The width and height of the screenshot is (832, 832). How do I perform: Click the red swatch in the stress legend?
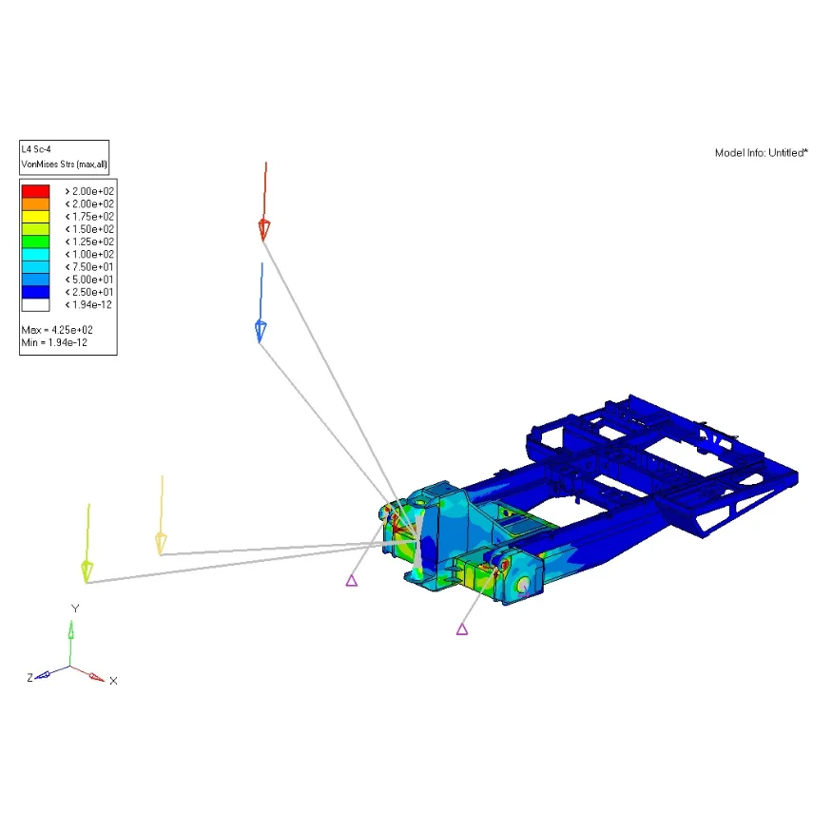[35, 191]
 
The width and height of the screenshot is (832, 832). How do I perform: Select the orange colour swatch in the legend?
[35, 203]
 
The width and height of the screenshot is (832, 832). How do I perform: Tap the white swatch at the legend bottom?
[35, 304]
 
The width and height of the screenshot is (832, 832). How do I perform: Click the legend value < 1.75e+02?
[89, 217]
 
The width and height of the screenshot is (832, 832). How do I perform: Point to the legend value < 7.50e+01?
[89, 267]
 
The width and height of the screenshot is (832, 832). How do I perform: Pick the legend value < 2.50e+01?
[89, 292]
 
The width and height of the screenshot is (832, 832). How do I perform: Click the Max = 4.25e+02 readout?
[57, 330]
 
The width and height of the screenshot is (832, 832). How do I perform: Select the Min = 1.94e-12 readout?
[54, 342]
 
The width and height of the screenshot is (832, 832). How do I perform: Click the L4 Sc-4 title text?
[36, 149]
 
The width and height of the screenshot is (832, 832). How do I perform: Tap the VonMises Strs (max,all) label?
[65, 164]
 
